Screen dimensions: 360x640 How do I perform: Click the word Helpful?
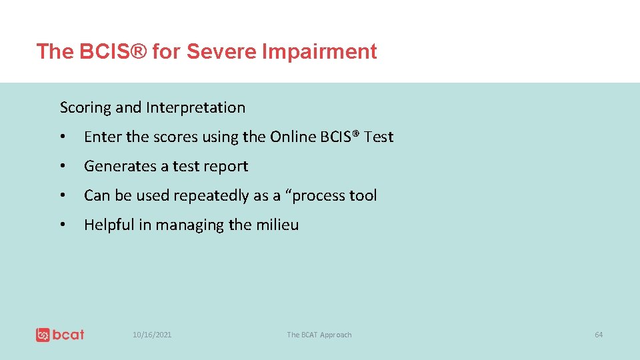point(109,225)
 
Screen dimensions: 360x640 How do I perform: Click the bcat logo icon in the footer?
point(43,335)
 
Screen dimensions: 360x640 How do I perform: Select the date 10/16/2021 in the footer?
point(152,335)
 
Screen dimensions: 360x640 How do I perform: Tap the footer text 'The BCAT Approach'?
point(319,335)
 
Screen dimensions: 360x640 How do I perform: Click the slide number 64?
point(598,335)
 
